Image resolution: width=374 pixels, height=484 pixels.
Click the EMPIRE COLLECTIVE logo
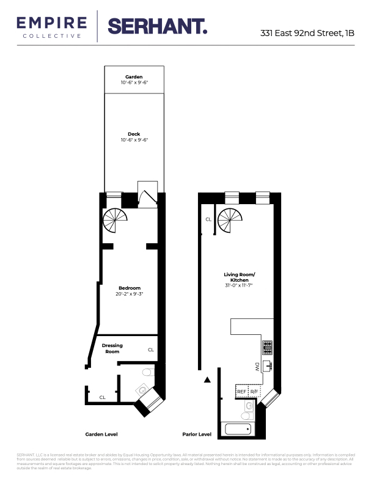tap(52, 27)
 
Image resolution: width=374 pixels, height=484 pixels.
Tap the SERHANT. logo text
tap(157, 26)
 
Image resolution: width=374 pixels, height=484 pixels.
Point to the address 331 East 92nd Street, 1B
tap(307, 35)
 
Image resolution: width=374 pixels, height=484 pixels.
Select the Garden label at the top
tap(134, 77)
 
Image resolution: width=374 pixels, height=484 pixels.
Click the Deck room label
tap(134, 134)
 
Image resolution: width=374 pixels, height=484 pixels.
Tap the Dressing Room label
tap(112, 348)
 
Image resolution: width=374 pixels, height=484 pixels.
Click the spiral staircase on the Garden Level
tap(115, 220)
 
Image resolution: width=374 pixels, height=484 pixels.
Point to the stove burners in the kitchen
tap(268, 347)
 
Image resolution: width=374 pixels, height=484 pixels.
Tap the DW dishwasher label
tap(257, 367)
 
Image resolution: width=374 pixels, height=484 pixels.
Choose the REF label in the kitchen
tap(241, 391)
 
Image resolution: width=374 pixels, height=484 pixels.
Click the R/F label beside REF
tap(254, 391)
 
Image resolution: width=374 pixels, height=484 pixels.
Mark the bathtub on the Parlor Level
tap(238, 428)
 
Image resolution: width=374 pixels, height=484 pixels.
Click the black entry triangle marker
tap(207, 380)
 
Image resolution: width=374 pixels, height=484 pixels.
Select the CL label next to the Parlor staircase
tap(208, 219)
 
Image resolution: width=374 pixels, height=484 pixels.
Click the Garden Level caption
tap(101, 435)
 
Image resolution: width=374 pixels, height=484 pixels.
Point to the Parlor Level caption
tap(197, 435)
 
